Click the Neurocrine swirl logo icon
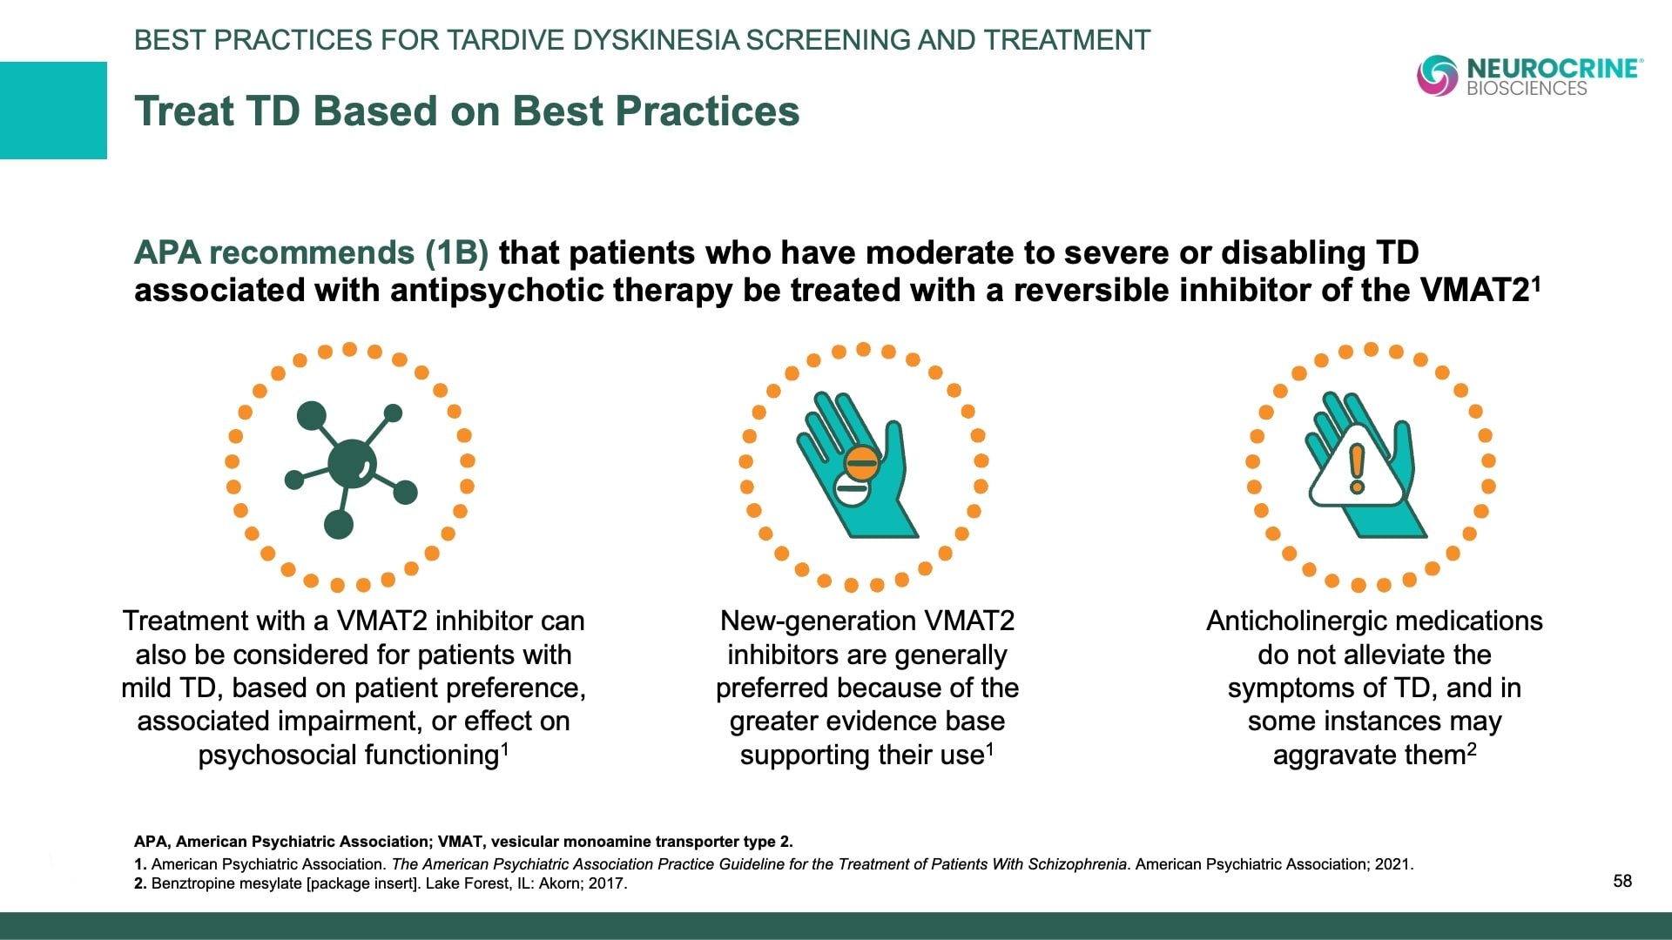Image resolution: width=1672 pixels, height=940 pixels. click(1438, 75)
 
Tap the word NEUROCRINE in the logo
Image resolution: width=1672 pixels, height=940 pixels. click(1552, 69)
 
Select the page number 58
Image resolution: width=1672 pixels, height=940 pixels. click(1622, 881)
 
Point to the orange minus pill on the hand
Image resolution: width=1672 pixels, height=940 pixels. click(861, 463)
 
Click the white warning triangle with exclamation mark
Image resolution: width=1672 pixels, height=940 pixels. click(1356, 467)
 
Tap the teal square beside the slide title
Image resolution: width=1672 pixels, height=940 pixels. click(53, 111)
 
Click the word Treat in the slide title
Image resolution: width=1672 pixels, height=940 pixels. click(185, 111)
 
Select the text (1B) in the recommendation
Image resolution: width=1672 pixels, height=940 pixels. click(456, 252)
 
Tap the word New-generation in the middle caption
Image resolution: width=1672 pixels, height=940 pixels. click(818, 621)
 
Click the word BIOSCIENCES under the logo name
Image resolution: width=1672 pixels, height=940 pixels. click(1527, 88)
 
